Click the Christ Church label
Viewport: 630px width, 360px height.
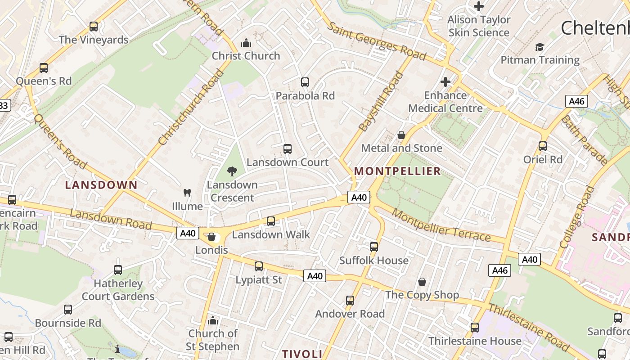(x=246, y=56)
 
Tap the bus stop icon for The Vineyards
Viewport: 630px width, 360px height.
(x=94, y=27)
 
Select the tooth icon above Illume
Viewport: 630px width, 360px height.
(x=187, y=193)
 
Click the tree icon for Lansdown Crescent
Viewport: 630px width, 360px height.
(x=232, y=171)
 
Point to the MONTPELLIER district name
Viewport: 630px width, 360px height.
(x=397, y=171)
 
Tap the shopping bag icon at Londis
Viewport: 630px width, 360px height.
(x=211, y=237)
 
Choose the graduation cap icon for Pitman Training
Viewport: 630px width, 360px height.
(x=540, y=47)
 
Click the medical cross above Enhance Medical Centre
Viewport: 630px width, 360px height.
(x=445, y=82)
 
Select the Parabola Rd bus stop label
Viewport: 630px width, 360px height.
(x=305, y=96)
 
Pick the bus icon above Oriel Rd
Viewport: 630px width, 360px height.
(x=543, y=146)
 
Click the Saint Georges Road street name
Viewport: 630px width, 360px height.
(x=376, y=41)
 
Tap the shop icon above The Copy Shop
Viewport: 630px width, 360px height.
(x=422, y=282)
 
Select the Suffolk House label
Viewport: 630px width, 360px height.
(x=374, y=261)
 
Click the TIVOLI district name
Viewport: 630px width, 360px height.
(x=302, y=354)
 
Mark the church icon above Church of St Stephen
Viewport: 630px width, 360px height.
(x=213, y=320)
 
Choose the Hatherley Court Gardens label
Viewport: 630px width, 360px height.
(x=118, y=290)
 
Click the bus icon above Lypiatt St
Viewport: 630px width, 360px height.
(x=259, y=266)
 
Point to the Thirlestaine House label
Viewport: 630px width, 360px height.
(x=475, y=341)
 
